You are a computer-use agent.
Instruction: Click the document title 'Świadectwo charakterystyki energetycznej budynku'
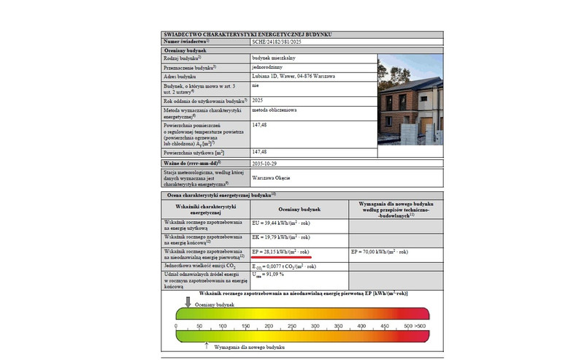(248, 34)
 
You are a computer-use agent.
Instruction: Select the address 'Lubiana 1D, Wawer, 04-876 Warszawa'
(289, 76)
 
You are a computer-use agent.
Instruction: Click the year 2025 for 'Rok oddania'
(258, 99)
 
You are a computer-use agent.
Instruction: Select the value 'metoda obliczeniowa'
(273, 110)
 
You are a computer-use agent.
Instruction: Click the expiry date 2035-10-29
(265, 163)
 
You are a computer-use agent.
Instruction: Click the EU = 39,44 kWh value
(281, 223)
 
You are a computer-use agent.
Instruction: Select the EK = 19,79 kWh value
(281, 238)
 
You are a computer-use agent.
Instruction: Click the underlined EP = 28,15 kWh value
(281, 252)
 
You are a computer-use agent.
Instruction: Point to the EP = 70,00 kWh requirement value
(380, 252)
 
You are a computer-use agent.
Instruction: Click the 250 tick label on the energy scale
(280, 326)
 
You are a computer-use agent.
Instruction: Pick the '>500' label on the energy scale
(420, 326)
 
